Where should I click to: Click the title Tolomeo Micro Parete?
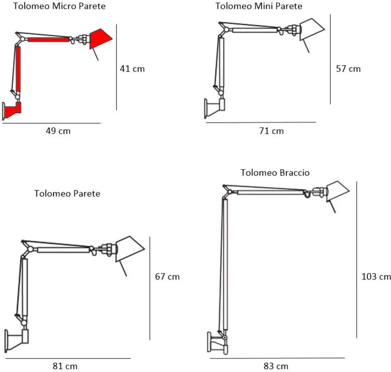[x=59, y=6]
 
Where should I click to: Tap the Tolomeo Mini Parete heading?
[x=259, y=6]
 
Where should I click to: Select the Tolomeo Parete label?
[x=67, y=194]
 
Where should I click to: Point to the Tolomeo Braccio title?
[x=275, y=173]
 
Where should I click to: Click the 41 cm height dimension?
[x=132, y=69]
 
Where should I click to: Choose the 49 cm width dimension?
[x=58, y=131]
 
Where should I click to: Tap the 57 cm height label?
[x=348, y=69]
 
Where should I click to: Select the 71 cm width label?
[x=271, y=131]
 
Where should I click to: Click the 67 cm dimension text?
[x=167, y=277]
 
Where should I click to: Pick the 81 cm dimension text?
[x=65, y=366]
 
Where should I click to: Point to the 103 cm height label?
[x=376, y=277]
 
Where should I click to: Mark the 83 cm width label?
[x=276, y=366]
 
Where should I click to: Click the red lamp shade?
[x=100, y=39]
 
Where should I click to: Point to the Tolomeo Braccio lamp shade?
[x=337, y=191]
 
